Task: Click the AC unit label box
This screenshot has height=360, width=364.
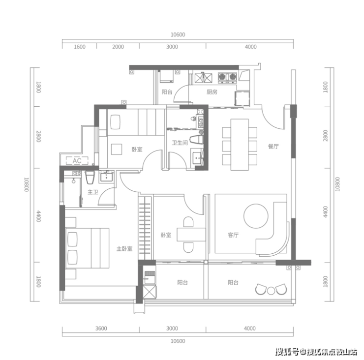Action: coord(77,161)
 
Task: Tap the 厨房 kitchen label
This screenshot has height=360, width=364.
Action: coord(212,92)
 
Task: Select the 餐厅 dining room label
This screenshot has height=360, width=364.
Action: coord(273,147)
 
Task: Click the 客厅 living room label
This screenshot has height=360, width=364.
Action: coord(233,235)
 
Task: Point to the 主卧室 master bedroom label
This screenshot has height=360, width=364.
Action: coord(124,249)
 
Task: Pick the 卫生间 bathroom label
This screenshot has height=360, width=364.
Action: coord(180,143)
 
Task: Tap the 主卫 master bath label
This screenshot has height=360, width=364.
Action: coord(93,192)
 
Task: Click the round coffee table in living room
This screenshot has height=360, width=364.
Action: coord(256,216)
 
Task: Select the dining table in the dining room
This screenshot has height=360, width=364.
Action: coord(240,145)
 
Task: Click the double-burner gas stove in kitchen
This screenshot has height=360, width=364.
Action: coord(227,78)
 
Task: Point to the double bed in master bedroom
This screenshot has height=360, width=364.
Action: coord(87,248)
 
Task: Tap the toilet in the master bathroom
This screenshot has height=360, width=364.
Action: coord(90,178)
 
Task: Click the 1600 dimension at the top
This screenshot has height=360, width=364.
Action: coord(80,47)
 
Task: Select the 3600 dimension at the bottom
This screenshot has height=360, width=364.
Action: coord(101,329)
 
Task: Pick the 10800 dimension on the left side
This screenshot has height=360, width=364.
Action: coord(27,184)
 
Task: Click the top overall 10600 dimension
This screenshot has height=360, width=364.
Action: coord(178,34)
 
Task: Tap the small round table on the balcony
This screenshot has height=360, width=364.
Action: coord(271,291)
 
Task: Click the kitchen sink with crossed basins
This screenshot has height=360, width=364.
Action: coord(203,78)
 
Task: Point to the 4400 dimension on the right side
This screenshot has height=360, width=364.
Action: coord(326,212)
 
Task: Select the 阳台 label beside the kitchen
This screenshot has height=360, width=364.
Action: coord(167,92)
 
